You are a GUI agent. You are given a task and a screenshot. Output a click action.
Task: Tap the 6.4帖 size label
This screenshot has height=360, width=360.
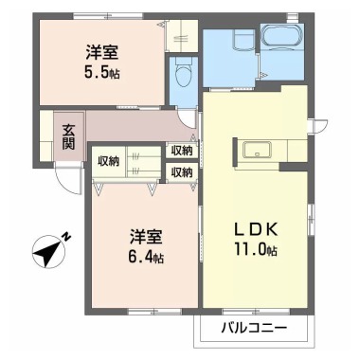click(147, 258)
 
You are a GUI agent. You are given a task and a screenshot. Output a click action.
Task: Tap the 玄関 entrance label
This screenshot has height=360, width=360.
click(69, 136)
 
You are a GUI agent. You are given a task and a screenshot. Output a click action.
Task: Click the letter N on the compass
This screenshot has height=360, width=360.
click(66, 237)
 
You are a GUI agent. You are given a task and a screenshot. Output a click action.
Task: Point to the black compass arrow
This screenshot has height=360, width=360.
click(45, 253)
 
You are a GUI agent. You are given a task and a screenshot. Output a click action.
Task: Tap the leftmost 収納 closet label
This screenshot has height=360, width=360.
click(108, 160)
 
